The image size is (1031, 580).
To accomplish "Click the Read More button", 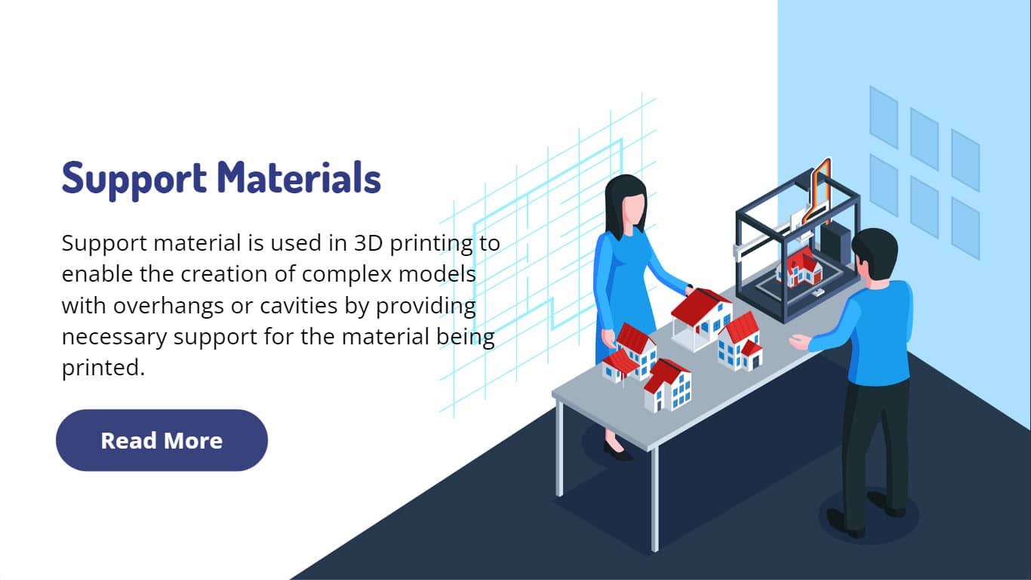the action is [x=162, y=440].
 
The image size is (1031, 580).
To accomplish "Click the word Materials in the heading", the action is [x=299, y=177].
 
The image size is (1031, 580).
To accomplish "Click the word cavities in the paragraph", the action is [x=299, y=305].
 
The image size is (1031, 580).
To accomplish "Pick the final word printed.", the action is [x=103, y=368].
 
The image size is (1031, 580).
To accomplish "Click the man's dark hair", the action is [x=875, y=248].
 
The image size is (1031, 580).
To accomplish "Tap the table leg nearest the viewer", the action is [x=654, y=499].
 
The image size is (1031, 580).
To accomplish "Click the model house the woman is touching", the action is [x=700, y=318].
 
